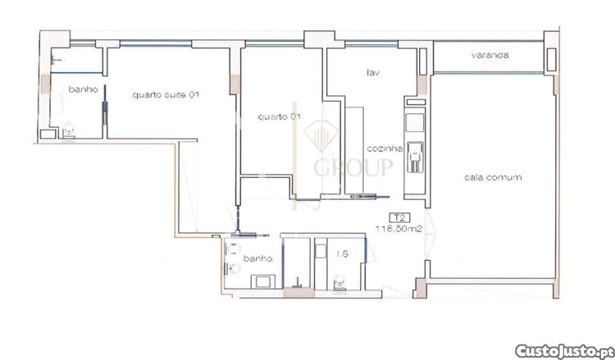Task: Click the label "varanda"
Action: coord(490,55)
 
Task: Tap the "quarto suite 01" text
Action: coord(166,94)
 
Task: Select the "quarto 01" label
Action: coord(280,116)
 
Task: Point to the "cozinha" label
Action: coord(385,148)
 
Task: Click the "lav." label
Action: coord(373,72)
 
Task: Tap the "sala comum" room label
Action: coord(493,177)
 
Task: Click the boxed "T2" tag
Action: coord(398,217)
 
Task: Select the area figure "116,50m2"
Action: coord(399,229)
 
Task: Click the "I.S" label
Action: coord(343,254)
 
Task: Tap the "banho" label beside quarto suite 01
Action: coord(83,89)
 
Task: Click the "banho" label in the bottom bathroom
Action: coord(257,258)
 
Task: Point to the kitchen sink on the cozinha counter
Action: coord(415,157)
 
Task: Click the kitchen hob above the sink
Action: coord(415,122)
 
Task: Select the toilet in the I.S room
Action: coord(339,284)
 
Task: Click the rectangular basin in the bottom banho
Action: coord(262,281)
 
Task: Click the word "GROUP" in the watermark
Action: coord(353,167)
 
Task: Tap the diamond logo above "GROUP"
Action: coord(321,135)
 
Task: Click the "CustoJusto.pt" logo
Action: coord(563,350)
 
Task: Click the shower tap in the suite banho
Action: coord(57,60)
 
